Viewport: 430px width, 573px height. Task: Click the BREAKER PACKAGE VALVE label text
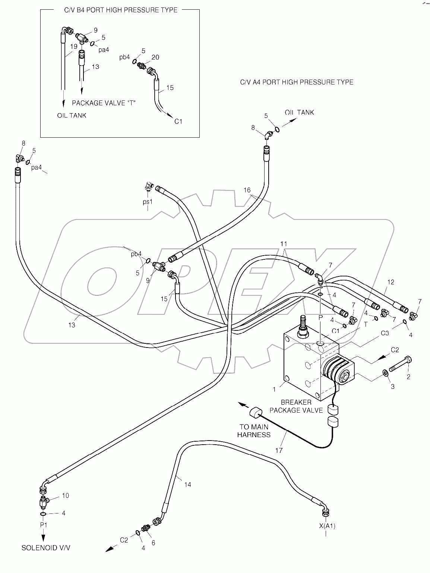click(x=296, y=406)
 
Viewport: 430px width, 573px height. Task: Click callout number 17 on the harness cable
click(x=279, y=451)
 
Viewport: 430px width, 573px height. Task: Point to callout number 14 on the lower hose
click(x=187, y=485)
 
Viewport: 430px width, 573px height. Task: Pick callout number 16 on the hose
click(x=247, y=190)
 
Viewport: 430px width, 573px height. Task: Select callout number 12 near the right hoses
click(x=390, y=282)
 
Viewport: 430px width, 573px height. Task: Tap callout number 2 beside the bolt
click(x=408, y=377)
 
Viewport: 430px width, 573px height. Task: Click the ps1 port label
click(x=148, y=202)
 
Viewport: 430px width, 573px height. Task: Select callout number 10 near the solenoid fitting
click(x=65, y=496)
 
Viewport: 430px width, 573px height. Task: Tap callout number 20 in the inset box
click(x=155, y=57)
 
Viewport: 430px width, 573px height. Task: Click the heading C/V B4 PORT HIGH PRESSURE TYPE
click(x=121, y=10)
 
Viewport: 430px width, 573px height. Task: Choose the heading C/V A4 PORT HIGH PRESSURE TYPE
click(x=297, y=82)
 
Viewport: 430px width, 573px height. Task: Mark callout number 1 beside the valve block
click(x=274, y=389)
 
